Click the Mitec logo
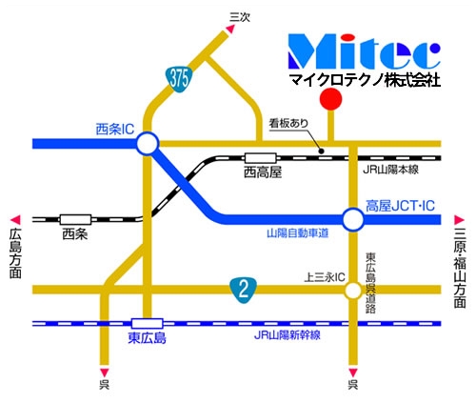(x=366, y=53)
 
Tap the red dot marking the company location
(x=329, y=99)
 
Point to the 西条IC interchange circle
(x=147, y=144)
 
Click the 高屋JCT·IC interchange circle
(x=352, y=221)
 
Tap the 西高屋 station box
(x=259, y=158)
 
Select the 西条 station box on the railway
(x=74, y=218)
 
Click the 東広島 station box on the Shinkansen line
(x=147, y=323)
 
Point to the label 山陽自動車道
(x=297, y=233)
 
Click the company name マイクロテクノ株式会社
(x=366, y=83)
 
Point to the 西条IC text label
(x=115, y=128)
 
